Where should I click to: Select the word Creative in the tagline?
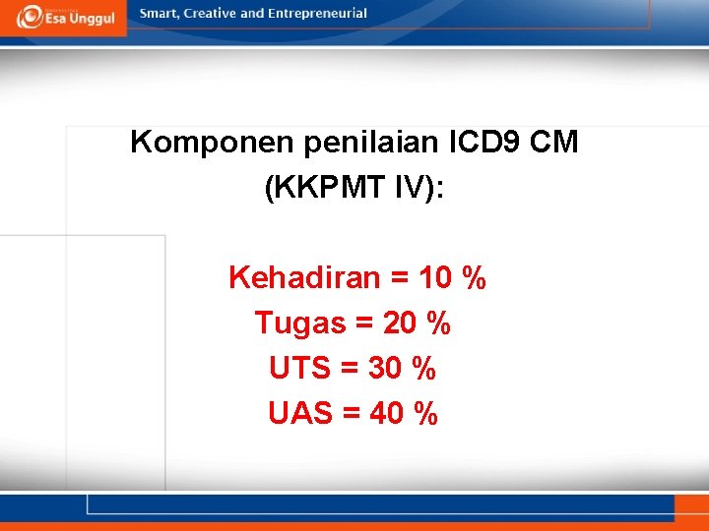click(209, 14)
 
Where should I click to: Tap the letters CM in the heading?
click(554, 144)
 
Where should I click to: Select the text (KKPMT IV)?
click(354, 189)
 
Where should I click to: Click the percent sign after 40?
click(426, 414)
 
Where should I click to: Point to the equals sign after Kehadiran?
click(400, 279)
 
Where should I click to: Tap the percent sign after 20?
click(439, 323)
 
